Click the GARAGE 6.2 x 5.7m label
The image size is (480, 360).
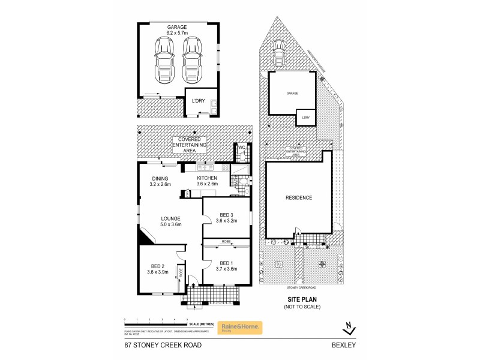point(177,31)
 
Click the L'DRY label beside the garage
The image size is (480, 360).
point(198,101)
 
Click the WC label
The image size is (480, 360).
point(241,147)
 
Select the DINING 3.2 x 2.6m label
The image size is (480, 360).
point(160,181)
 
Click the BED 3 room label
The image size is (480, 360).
point(226,218)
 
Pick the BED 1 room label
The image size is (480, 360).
point(227,266)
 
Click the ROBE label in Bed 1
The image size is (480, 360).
point(226,242)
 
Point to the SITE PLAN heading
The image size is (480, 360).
point(301,300)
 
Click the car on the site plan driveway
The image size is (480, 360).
point(278,55)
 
